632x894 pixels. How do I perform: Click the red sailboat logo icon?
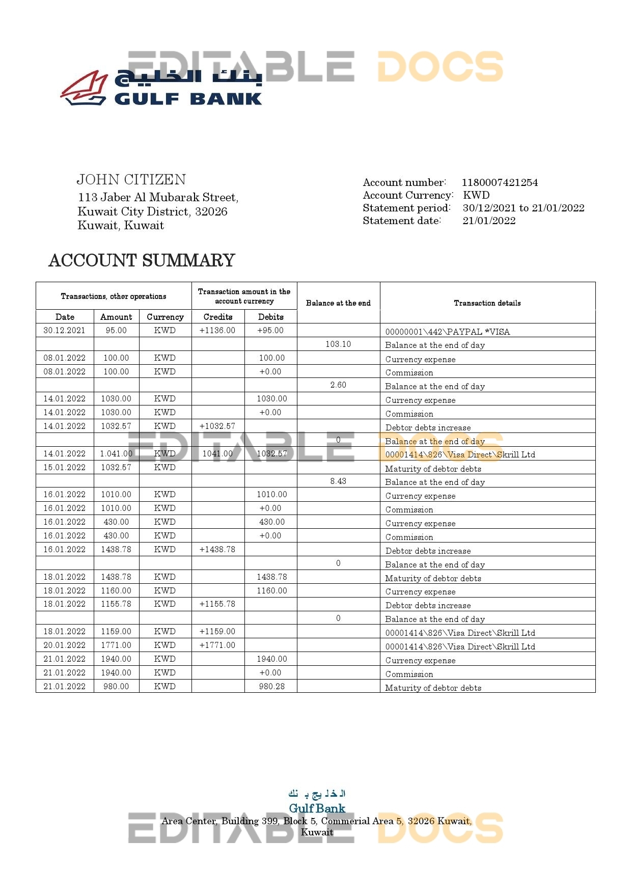coord(84,88)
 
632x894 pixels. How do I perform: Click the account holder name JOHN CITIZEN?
coord(131,180)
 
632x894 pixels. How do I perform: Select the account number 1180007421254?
coord(499,182)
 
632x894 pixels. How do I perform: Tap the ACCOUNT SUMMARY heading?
coord(142,260)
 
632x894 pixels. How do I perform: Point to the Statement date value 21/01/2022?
coord(488,221)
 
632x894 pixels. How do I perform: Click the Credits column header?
coord(218,317)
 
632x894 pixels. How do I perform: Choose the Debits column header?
coord(270,317)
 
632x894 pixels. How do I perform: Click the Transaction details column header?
coord(487,303)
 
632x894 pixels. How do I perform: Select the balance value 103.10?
coord(338,344)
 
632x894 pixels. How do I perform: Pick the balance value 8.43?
coord(338,481)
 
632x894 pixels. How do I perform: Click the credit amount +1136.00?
coord(217,331)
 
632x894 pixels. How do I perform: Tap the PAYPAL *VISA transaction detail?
coord(447,332)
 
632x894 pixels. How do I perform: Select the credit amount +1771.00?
coord(217,645)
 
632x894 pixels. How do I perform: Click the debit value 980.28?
coord(271,687)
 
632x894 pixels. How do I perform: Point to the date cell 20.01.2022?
coord(65,645)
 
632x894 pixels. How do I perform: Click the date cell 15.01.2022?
coord(65,468)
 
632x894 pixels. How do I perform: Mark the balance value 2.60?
coord(338,385)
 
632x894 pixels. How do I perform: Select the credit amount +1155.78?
coord(217,604)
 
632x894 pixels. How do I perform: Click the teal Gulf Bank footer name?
coord(317,808)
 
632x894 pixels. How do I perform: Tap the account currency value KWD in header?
coord(476,195)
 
